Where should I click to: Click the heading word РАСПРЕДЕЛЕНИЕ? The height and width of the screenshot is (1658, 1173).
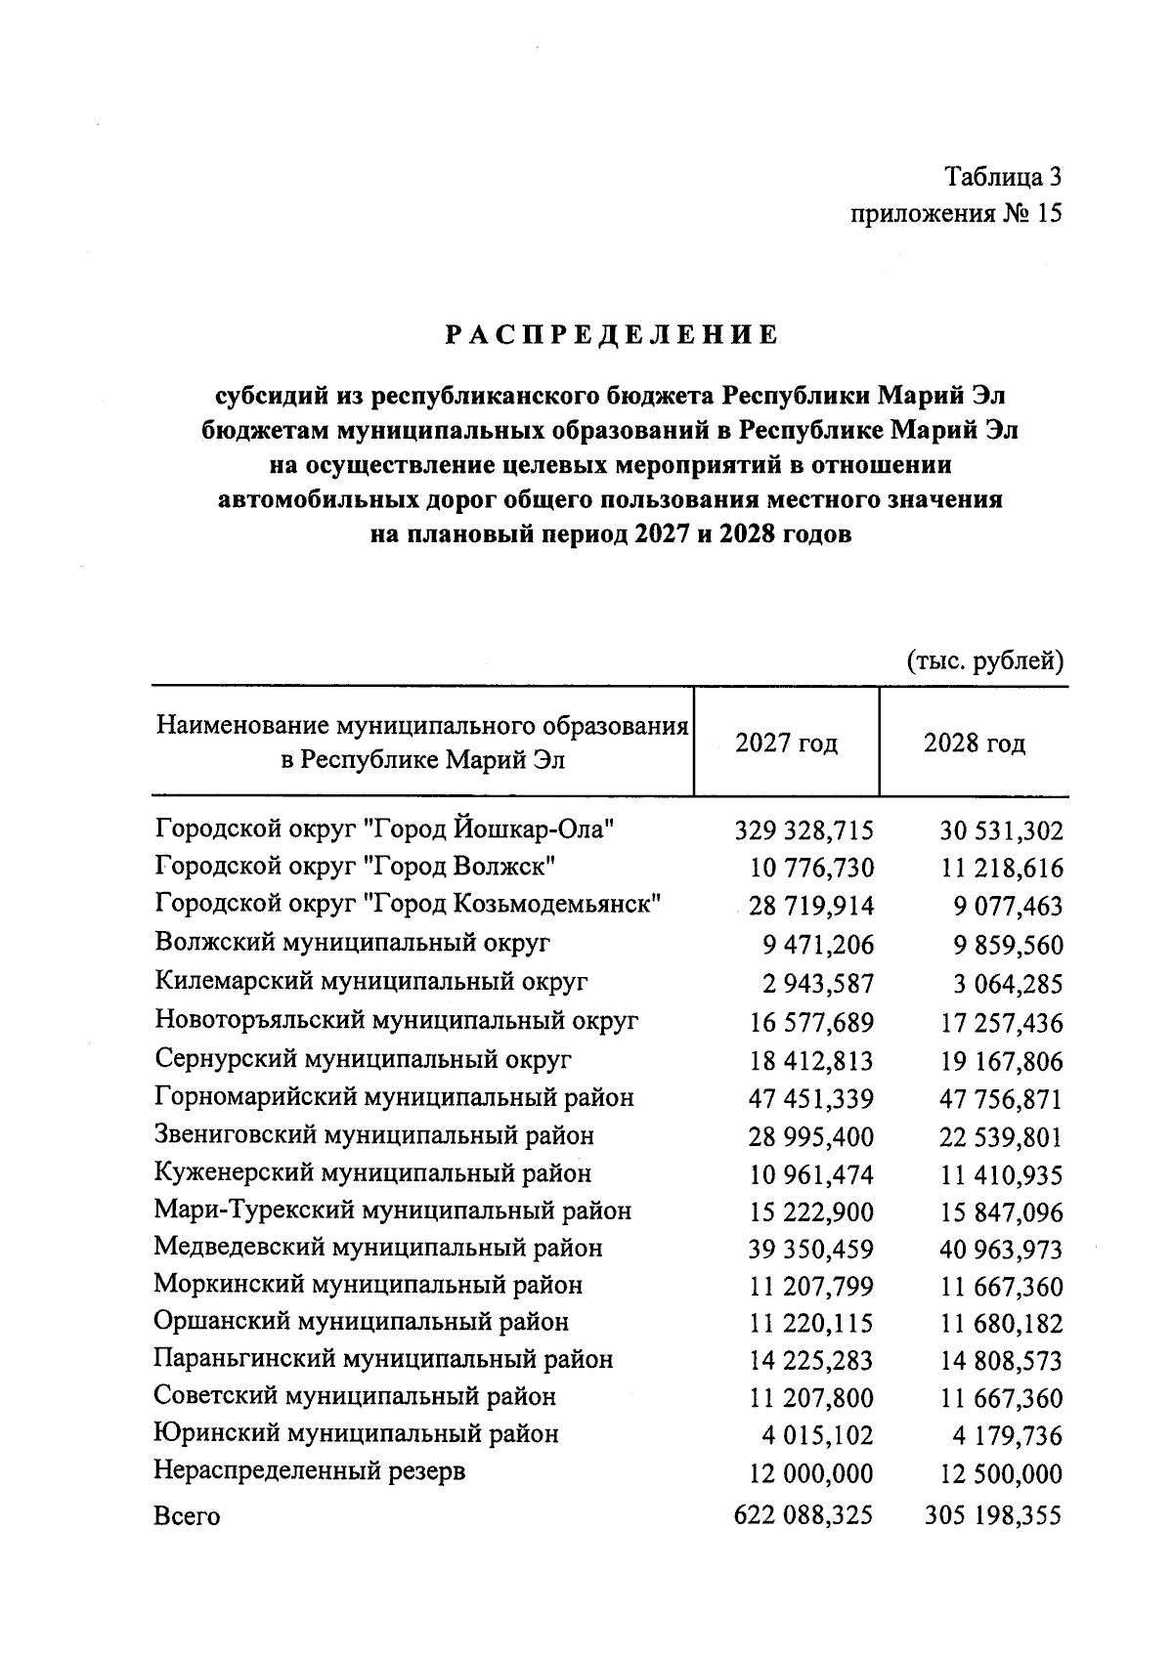click(x=613, y=335)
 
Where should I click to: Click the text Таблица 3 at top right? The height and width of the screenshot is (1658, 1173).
click(x=1002, y=177)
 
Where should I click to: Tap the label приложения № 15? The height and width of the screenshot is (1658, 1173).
click(x=955, y=214)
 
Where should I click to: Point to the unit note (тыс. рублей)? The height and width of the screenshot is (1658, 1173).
click(x=984, y=661)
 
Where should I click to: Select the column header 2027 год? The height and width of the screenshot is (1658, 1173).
click(x=786, y=744)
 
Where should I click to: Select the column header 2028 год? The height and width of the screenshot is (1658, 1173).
click(x=974, y=744)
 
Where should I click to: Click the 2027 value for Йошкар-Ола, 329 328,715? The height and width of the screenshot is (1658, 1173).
click(x=804, y=830)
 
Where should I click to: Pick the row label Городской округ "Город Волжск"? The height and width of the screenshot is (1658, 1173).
click(x=356, y=866)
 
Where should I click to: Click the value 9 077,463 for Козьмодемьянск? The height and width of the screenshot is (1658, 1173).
click(x=1008, y=906)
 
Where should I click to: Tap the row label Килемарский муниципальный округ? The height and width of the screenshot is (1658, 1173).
click(x=371, y=980)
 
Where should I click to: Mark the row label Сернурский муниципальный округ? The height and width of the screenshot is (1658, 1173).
click(x=363, y=1059)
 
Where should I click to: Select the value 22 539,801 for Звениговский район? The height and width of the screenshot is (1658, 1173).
click(x=1001, y=1137)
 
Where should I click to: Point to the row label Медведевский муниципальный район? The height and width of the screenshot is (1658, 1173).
click(x=378, y=1248)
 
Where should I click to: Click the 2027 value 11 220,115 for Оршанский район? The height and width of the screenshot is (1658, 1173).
click(x=811, y=1324)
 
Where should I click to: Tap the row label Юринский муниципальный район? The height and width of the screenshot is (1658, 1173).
click(x=357, y=1434)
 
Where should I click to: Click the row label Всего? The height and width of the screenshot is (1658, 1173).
click(x=187, y=1516)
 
